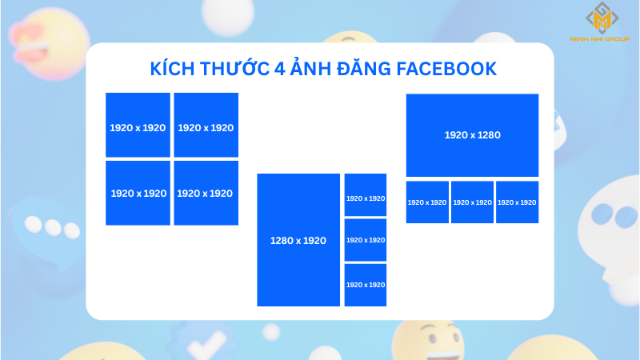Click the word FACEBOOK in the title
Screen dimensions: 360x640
443,69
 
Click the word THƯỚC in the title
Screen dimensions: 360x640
232,69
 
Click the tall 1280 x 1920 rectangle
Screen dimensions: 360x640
298,240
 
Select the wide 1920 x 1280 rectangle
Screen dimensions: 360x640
472,134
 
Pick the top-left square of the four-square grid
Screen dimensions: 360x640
138,125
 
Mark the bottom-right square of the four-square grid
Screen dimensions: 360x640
206,193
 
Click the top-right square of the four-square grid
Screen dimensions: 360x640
206,125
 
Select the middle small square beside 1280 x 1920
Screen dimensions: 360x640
366,240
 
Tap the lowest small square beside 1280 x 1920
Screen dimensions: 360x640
366,285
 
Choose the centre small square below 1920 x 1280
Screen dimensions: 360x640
472,202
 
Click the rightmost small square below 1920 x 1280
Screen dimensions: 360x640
517,202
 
